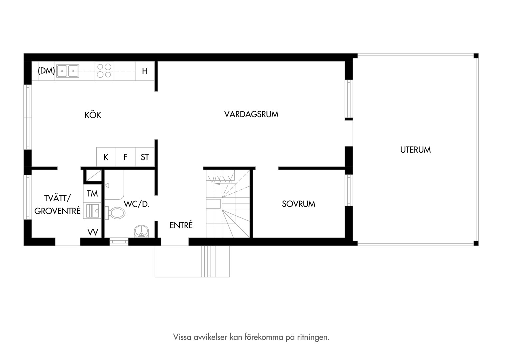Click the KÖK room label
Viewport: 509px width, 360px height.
click(93, 115)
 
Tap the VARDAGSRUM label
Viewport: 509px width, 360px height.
click(251, 114)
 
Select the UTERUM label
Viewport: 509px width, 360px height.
click(415, 150)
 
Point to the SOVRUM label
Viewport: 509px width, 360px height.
click(299, 204)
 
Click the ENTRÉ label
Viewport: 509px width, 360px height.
click(181, 225)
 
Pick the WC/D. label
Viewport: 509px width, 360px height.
click(137, 204)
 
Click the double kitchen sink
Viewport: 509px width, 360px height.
click(68, 71)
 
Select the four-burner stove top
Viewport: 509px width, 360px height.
click(104, 71)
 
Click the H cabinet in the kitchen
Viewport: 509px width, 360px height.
click(145, 71)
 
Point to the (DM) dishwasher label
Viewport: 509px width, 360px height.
click(46, 71)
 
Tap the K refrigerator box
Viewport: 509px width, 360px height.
click(106, 157)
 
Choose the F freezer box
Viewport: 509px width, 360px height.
click(126, 157)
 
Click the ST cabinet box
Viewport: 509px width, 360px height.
click(145, 157)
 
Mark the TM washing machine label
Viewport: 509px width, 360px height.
click(92, 194)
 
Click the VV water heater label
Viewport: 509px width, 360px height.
click(93, 232)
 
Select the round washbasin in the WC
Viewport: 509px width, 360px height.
click(141, 232)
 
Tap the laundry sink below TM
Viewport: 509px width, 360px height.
click(92, 211)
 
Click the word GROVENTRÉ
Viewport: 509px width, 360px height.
click(58, 211)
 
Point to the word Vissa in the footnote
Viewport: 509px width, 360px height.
click(182, 337)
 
